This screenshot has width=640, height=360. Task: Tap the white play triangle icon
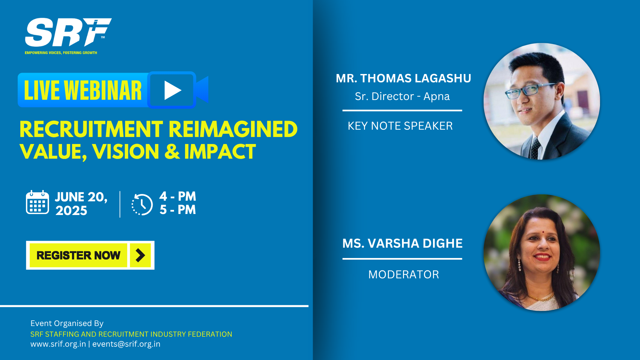172,90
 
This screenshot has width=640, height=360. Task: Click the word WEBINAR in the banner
103,90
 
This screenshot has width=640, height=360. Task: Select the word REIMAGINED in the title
233,129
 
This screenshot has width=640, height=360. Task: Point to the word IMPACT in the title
220,152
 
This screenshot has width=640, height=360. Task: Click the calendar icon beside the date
37,202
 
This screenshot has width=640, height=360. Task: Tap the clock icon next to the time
142,204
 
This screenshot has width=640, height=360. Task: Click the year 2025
71,211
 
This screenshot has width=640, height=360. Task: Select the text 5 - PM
177,210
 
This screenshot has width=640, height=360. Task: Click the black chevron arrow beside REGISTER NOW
140,255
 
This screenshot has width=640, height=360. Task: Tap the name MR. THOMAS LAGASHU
403,78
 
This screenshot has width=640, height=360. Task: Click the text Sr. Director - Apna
402,96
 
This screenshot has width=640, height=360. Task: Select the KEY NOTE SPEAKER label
400,126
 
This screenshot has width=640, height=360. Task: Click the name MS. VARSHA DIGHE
402,243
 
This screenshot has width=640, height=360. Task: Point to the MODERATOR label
403,275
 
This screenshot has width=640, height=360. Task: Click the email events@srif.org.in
126,344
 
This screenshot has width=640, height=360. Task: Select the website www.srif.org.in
58,344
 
